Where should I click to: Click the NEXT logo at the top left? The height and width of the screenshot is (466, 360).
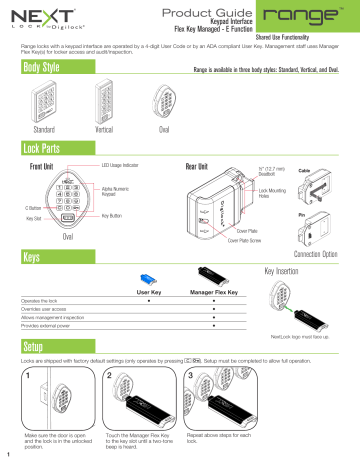coord(32,18)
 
